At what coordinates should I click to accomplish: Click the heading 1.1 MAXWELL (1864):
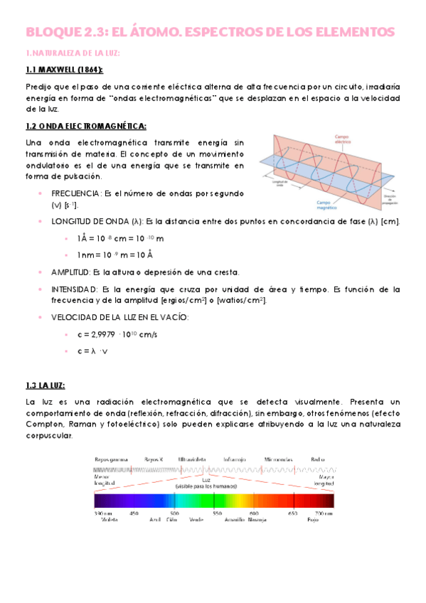click(x=63, y=69)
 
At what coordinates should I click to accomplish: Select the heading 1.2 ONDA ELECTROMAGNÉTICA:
click(x=85, y=126)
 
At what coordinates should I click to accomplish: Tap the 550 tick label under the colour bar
click(x=216, y=513)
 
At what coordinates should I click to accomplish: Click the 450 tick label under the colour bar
click(x=134, y=513)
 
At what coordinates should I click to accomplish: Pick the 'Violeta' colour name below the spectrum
click(x=109, y=520)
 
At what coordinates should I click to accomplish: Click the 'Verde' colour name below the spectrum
click(x=197, y=520)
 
